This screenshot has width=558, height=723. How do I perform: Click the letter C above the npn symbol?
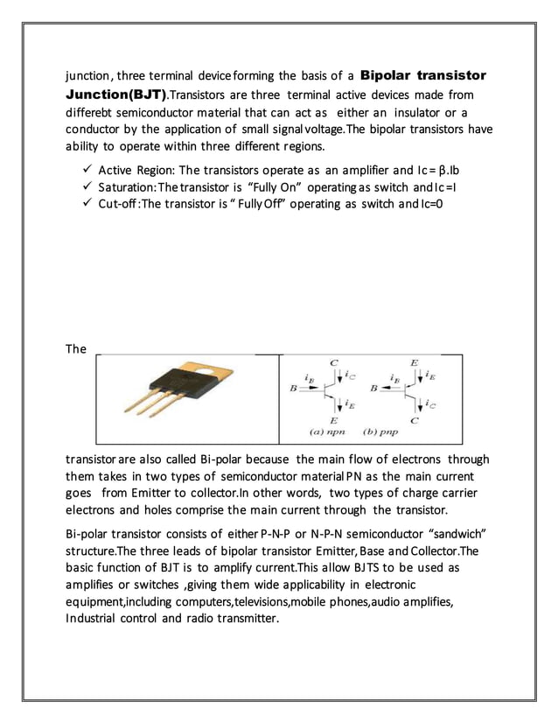point(333,361)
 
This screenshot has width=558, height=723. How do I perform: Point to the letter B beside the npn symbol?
point(293,387)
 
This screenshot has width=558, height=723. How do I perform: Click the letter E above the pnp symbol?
point(414,361)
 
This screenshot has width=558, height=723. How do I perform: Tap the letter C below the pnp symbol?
point(414,420)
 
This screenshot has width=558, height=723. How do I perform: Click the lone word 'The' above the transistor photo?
point(76,349)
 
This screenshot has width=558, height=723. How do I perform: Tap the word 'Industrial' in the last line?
point(95,620)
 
